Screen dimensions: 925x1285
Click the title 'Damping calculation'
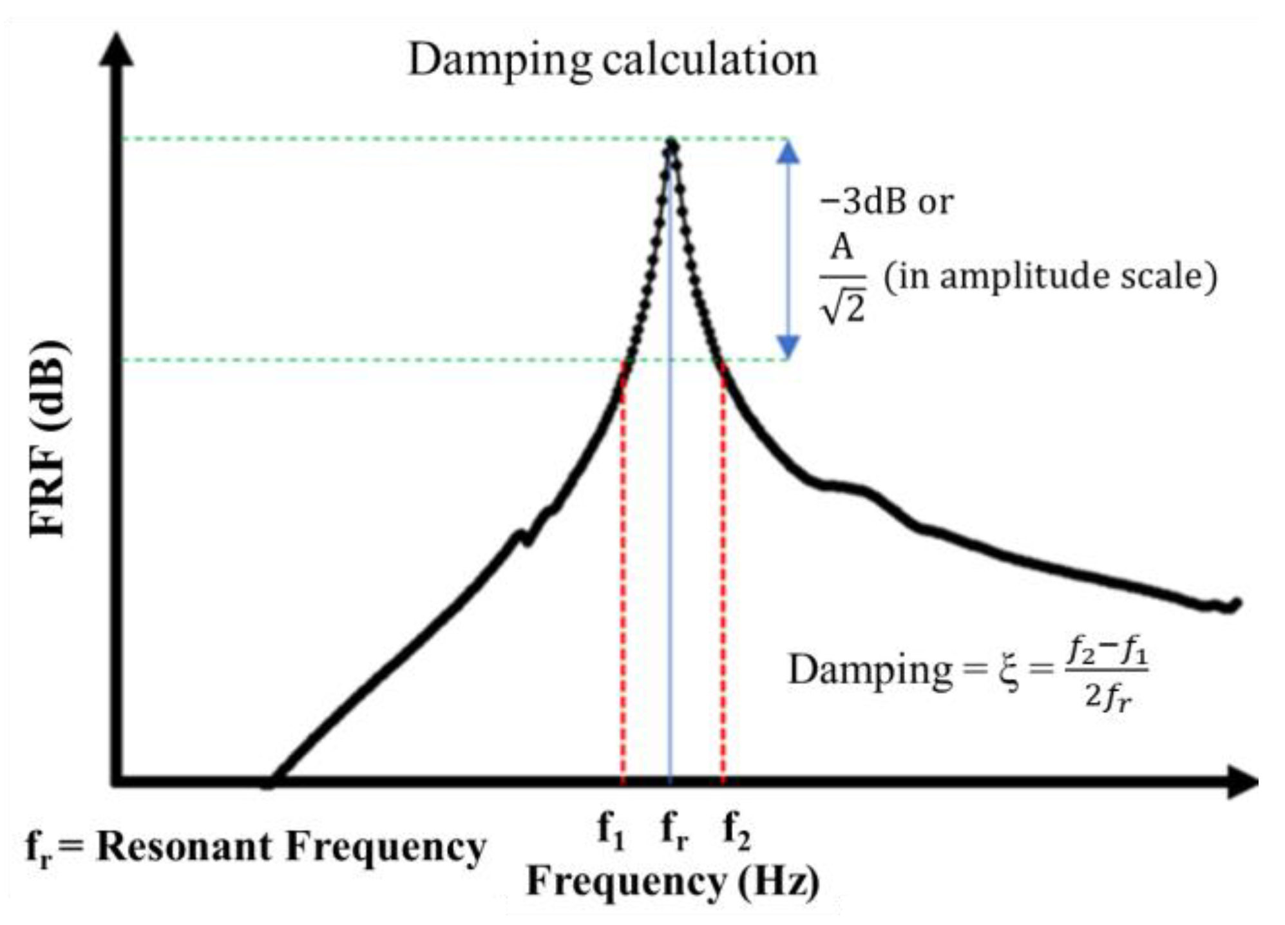(x=613, y=60)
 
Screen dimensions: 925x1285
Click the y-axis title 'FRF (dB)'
(x=49, y=438)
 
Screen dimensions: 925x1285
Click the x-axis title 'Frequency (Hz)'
(x=673, y=881)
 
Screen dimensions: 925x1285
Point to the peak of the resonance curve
(x=671, y=145)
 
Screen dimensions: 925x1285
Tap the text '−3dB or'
(x=886, y=202)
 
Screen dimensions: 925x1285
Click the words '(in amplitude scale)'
(x=1050, y=276)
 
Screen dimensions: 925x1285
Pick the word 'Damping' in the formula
(x=870, y=670)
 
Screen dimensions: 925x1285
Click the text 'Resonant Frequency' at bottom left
(x=291, y=846)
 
